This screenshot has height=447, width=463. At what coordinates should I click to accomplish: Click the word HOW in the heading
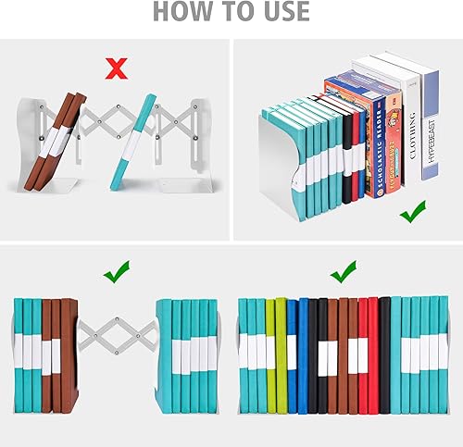click(x=181, y=12)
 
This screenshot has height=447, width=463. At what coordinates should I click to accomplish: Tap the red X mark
click(x=116, y=67)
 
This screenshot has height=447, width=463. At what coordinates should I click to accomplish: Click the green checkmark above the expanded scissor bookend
click(x=116, y=272)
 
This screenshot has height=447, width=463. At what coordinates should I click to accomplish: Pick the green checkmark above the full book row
click(x=344, y=272)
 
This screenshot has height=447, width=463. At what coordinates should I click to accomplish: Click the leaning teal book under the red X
click(x=134, y=143)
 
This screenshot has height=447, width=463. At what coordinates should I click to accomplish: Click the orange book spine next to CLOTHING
click(x=394, y=139)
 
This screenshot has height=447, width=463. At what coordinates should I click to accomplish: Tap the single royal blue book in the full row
click(x=292, y=356)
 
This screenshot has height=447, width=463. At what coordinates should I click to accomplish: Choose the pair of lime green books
click(x=276, y=356)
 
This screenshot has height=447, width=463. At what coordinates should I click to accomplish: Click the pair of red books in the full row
click(x=368, y=356)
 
